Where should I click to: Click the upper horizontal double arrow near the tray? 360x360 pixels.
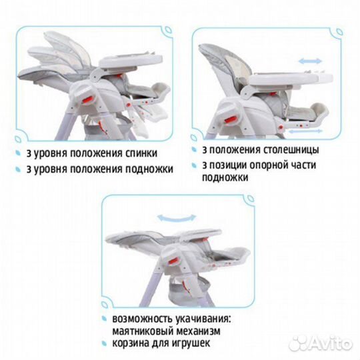point(310,61)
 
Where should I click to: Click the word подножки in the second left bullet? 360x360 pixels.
point(149,169)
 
